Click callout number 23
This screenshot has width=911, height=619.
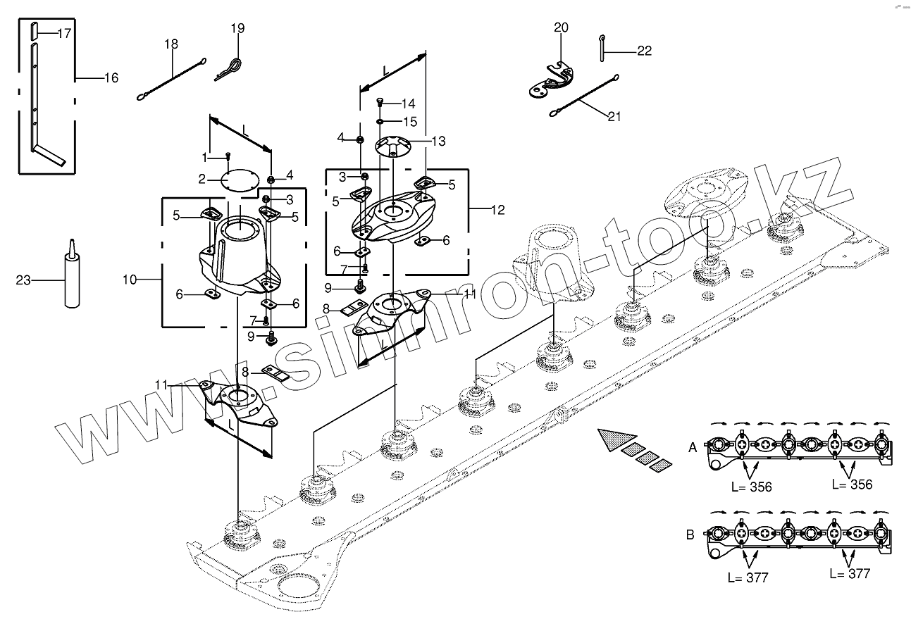(x=23, y=280)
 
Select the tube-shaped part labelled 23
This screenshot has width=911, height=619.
(x=71, y=278)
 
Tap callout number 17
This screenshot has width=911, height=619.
(x=64, y=33)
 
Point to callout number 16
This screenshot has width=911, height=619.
(x=111, y=77)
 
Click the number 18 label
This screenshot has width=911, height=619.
(x=171, y=44)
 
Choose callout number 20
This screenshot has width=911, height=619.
(x=561, y=27)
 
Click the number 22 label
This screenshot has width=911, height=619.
(x=644, y=51)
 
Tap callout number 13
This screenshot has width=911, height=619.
(x=438, y=142)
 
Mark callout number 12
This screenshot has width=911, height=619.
(x=498, y=209)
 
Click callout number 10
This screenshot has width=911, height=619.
(x=129, y=280)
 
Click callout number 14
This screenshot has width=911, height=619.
(x=409, y=103)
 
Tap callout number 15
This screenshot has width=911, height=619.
(x=409, y=121)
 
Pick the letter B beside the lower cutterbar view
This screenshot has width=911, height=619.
(x=690, y=535)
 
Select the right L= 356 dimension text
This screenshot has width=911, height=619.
(x=852, y=484)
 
